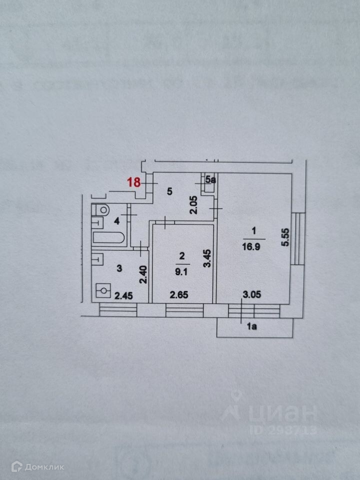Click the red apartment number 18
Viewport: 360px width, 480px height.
coord(133,182)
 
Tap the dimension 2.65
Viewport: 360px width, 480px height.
coord(178,295)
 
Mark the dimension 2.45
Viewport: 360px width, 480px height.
coord(123,295)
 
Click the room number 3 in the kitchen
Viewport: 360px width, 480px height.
coord(119,268)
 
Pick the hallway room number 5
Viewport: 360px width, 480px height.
coord(169,190)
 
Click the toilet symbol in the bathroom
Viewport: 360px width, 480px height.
coord(101,209)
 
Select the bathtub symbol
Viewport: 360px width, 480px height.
coord(108,238)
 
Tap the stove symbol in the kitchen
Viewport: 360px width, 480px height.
coord(103,290)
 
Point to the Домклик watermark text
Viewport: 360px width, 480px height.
coord(37,467)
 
